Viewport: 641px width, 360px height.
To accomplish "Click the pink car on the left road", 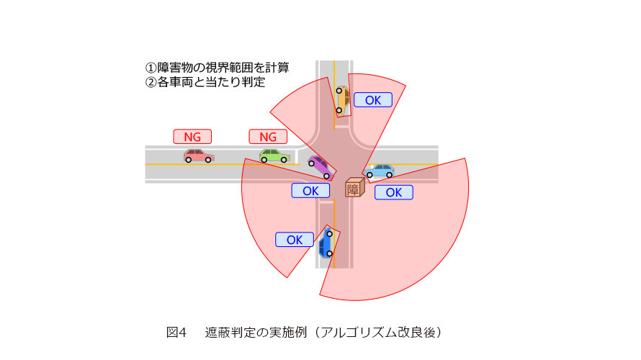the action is pyautogui.click(x=199, y=156).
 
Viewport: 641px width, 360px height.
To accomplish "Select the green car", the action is pyautogui.click(x=274, y=156).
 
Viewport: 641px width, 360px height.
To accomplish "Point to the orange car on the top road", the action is pyautogui.click(x=343, y=99).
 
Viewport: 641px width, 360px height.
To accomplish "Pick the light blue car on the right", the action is pyautogui.click(x=380, y=171).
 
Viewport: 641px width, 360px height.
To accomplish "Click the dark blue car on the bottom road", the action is pyautogui.click(x=326, y=243).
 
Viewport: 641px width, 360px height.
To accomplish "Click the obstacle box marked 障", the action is pyautogui.click(x=355, y=187).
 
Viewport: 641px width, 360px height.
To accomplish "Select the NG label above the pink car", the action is pyautogui.click(x=192, y=137).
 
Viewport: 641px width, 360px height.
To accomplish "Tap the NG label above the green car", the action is pyautogui.click(x=268, y=137).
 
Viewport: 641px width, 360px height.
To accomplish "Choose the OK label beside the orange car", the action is pyautogui.click(x=373, y=99).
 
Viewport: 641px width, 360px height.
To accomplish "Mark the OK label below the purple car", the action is pyautogui.click(x=310, y=190).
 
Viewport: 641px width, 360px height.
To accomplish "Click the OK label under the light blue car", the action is pyautogui.click(x=394, y=192).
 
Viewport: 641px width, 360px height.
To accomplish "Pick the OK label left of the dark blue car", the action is pyautogui.click(x=295, y=240).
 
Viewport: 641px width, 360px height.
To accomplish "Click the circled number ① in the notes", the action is pyautogui.click(x=151, y=68).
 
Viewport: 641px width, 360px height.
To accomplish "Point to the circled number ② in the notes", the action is pyautogui.click(x=151, y=82).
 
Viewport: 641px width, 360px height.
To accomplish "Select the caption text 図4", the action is pyautogui.click(x=176, y=332).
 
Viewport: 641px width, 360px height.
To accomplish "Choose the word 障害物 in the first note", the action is pyautogui.click(x=175, y=68).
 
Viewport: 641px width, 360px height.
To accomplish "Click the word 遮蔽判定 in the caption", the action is pyautogui.click(x=228, y=332).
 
